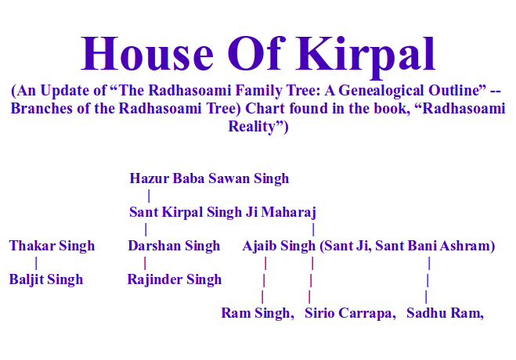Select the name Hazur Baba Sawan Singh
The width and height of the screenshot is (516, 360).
[x=209, y=178]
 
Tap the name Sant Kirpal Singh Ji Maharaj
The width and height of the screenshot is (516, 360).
[x=222, y=212]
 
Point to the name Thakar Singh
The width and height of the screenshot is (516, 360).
[x=52, y=246]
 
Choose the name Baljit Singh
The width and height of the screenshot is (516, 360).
[x=46, y=279]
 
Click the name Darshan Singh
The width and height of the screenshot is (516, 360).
[x=174, y=246]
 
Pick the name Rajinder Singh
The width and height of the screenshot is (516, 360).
[x=174, y=279]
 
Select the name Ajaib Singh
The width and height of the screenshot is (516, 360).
[x=279, y=246]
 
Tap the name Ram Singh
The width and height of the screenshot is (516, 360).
[x=256, y=313]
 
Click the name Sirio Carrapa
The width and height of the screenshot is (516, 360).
[x=349, y=313]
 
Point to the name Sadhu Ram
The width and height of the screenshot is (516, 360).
[x=444, y=313]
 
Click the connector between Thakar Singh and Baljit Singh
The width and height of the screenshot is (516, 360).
[x=36, y=263]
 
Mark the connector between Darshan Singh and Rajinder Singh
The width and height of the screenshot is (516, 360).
[x=145, y=263]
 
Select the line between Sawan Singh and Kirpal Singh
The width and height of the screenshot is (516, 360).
[x=149, y=196]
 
